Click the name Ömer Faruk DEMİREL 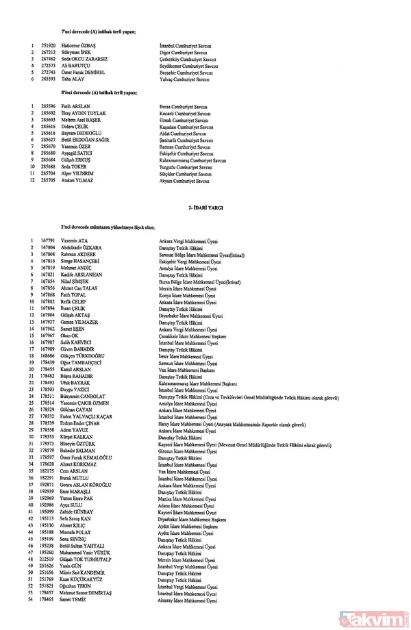click(84, 71)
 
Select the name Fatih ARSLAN click(75, 105)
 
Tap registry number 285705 click(48, 182)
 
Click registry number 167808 click(48, 253)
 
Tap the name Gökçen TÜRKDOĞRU click(85, 356)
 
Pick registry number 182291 click(48, 478)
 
